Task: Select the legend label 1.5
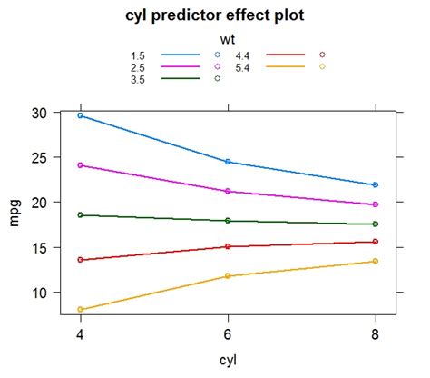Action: (137, 55)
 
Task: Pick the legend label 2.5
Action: (137, 67)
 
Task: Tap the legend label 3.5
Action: (137, 79)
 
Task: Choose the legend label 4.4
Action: (242, 55)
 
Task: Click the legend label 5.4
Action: (242, 67)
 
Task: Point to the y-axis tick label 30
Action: (37, 113)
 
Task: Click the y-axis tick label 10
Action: (37, 293)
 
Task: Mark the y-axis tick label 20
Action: (37, 203)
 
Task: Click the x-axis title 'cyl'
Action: (228, 361)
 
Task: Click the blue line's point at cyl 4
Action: (81, 115)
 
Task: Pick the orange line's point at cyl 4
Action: (81, 310)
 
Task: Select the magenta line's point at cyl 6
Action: (228, 192)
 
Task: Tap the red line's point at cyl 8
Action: (375, 242)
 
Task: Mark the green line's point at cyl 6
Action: (228, 221)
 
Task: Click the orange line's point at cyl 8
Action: (375, 262)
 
